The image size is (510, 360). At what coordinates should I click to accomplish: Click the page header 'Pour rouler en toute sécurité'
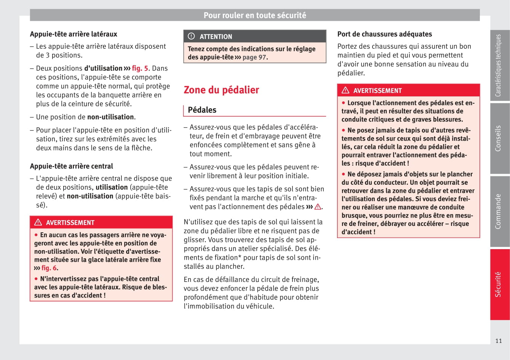tap(254, 15)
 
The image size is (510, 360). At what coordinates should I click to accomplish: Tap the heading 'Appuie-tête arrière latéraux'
tap(74, 34)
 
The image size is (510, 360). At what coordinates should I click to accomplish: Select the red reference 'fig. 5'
tap(140, 68)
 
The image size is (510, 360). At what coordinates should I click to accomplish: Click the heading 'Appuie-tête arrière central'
tap(71, 166)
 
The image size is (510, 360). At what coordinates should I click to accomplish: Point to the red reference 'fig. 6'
tap(49, 268)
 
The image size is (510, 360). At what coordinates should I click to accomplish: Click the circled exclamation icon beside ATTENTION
tap(191, 36)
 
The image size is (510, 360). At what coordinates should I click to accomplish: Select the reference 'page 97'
tap(254, 57)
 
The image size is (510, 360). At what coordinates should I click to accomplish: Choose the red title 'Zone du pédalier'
tap(221, 90)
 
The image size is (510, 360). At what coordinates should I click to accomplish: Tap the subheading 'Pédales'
tap(202, 110)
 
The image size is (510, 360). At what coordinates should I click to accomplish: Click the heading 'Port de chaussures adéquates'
tap(384, 34)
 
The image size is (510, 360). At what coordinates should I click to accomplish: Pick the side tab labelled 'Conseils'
tap(498, 138)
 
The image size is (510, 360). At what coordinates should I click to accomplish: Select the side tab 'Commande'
tap(498, 211)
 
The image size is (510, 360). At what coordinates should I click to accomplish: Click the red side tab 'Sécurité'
tap(498, 284)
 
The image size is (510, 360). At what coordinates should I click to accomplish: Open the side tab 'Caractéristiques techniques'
tap(498, 65)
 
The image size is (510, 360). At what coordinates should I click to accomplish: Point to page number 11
tap(498, 341)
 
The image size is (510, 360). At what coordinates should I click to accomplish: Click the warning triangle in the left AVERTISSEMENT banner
tap(38, 222)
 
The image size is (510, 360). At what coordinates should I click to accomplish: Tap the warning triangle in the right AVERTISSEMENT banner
tap(345, 90)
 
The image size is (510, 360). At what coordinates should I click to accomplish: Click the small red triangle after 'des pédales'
tap(318, 207)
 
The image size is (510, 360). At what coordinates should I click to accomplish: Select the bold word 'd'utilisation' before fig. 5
tap(103, 68)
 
